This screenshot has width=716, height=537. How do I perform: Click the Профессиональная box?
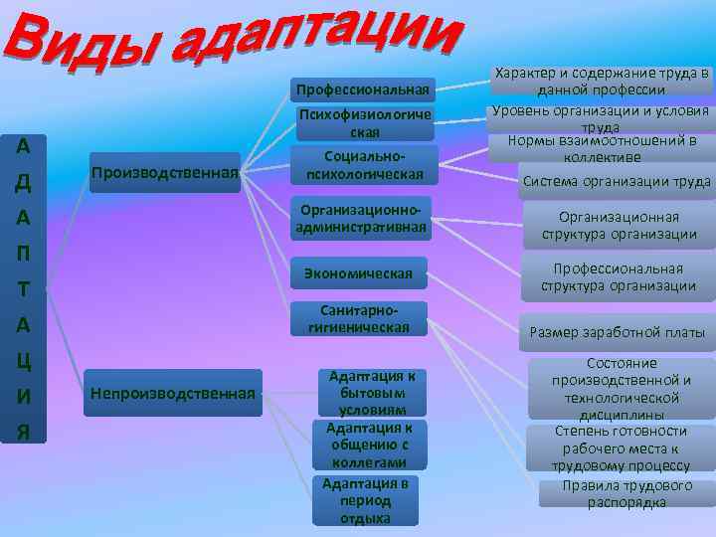coord(363,91)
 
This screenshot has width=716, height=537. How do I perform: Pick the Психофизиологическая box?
coord(364,123)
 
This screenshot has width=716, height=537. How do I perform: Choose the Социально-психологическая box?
coord(364,166)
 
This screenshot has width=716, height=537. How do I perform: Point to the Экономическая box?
coord(358,272)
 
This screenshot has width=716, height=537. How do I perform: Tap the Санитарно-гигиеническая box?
coord(359,318)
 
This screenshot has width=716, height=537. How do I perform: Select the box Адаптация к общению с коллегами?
coord(369,446)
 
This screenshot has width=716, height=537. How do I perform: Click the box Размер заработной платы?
coord(617,333)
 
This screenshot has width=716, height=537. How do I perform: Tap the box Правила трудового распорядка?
coord(626,494)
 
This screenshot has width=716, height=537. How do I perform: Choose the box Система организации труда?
coord(617,181)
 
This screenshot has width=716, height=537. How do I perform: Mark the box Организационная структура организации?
coord(619,226)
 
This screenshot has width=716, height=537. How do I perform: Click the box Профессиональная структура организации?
coord(619,277)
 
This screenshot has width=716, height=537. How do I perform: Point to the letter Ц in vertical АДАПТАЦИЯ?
coord(23,361)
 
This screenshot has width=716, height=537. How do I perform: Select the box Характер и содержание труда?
coord(602,82)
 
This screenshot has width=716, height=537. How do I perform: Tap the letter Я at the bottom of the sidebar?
coord(23,433)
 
